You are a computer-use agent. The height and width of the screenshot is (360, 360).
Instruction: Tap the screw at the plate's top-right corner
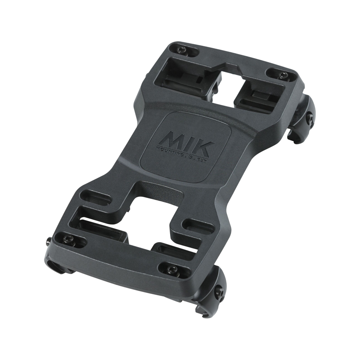click(282, 74)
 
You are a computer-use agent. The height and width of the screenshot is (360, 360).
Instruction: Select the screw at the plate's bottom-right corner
click(171, 270)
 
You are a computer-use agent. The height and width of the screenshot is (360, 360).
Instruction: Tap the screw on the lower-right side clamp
click(219, 293)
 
